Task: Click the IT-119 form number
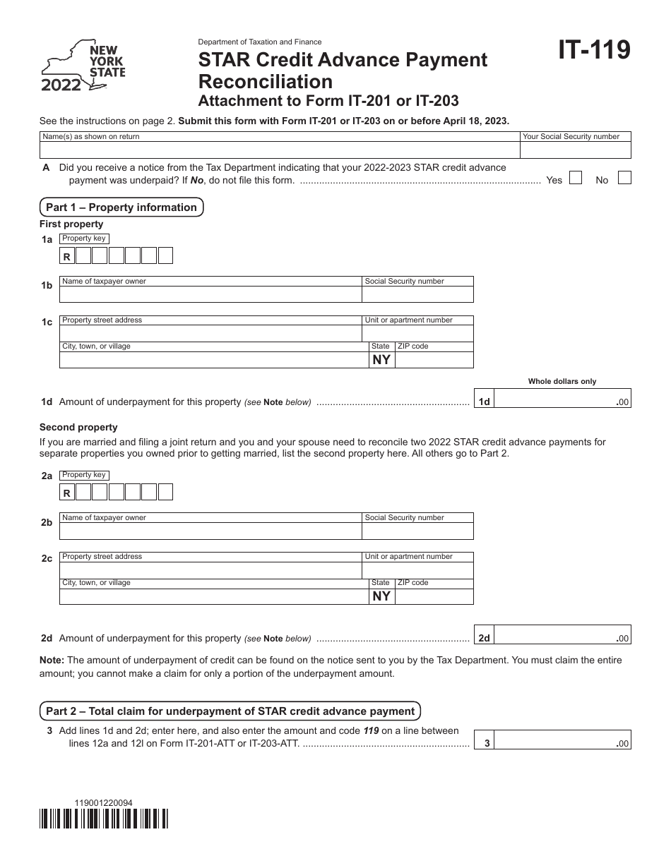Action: pyautogui.click(x=594, y=50)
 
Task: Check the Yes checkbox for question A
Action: pyautogui.click(x=576, y=179)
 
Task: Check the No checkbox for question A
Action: pyautogui.click(x=624, y=179)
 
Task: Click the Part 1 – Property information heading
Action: pyautogui.click(x=121, y=207)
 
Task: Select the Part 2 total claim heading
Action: pyautogui.click(x=230, y=711)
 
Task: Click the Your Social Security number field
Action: pyautogui.click(x=575, y=150)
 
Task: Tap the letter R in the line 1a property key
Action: pyautogui.click(x=67, y=258)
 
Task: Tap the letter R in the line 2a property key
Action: pyautogui.click(x=67, y=494)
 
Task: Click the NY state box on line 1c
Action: pyautogui.click(x=381, y=360)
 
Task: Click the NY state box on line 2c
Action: pyautogui.click(x=381, y=596)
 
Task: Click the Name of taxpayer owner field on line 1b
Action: pyautogui.click(x=210, y=294)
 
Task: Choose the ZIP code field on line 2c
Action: pyautogui.click(x=434, y=596)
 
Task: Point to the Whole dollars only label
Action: pyautogui.click(x=562, y=381)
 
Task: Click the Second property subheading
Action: pyautogui.click(x=78, y=427)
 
